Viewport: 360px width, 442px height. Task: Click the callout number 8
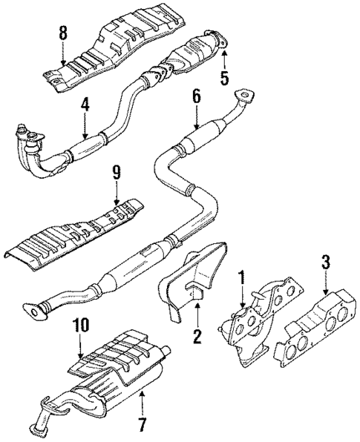(63, 33)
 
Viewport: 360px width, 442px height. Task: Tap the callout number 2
(197, 336)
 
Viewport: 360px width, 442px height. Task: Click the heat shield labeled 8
(111, 53)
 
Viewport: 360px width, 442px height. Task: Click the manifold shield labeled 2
(192, 278)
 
